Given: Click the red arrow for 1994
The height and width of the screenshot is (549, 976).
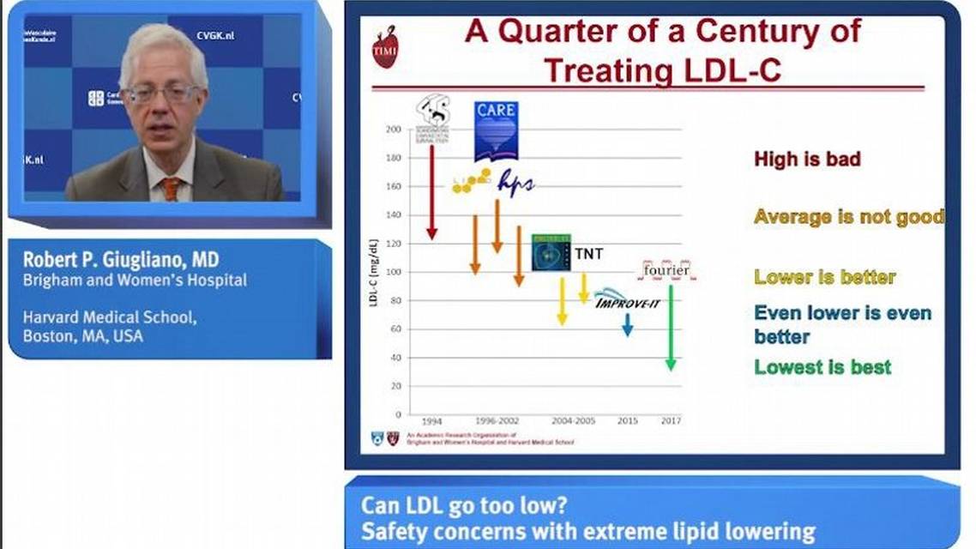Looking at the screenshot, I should click(431, 192).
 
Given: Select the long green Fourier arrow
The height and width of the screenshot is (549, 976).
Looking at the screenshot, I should click(671, 326).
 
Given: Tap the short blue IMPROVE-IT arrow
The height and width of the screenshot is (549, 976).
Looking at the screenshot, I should click(628, 324).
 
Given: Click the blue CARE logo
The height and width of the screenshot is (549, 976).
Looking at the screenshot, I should click(496, 131).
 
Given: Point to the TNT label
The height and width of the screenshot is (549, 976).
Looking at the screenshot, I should click(588, 254).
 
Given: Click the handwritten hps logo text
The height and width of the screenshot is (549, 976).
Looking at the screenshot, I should click(515, 185).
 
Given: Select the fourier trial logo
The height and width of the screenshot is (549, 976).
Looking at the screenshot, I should click(666, 270).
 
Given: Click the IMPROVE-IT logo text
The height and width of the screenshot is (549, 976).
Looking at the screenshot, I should click(629, 300).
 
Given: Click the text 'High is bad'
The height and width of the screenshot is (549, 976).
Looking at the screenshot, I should click(807, 159).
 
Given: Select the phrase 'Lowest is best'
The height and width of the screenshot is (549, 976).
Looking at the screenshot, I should click(822, 367).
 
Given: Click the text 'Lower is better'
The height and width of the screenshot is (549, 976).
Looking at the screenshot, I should click(824, 277).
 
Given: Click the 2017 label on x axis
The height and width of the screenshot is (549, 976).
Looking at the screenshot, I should click(671, 421).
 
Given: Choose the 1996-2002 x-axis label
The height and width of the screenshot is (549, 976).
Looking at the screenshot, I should click(497, 421).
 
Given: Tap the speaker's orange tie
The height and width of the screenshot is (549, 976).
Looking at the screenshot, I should click(171, 188).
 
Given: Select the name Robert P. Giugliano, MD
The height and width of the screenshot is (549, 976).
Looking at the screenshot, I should click(121, 259).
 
